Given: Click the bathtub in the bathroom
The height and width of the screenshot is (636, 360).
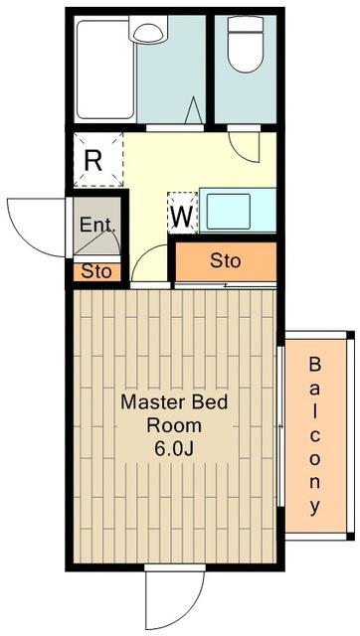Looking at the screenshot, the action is click(x=105, y=70).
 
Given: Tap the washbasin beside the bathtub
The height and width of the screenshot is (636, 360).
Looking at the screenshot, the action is click(x=148, y=29).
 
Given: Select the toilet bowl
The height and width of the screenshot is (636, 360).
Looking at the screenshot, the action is click(x=246, y=52).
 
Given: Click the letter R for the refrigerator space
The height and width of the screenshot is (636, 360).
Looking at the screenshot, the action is click(x=92, y=161).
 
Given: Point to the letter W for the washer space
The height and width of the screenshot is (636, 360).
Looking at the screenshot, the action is click(x=182, y=217).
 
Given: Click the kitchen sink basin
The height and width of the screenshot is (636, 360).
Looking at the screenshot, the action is click(x=228, y=212).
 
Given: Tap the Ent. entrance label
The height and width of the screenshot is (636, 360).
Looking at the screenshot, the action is click(x=97, y=225).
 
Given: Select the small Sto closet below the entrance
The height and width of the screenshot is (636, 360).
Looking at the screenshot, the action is click(x=96, y=271).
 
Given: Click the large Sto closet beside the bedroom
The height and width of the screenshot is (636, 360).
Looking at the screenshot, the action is click(x=226, y=261).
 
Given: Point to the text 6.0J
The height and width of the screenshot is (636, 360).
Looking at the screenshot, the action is click(x=174, y=448).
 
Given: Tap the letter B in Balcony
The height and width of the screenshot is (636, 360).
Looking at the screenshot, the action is click(x=315, y=365).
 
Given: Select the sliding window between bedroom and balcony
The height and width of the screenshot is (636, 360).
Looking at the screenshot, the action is click(x=280, y=426).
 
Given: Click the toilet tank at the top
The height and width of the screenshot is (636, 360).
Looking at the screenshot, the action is click(x=246, y=24).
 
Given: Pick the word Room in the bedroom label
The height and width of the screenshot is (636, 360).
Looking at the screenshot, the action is click(x=174, y=425).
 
